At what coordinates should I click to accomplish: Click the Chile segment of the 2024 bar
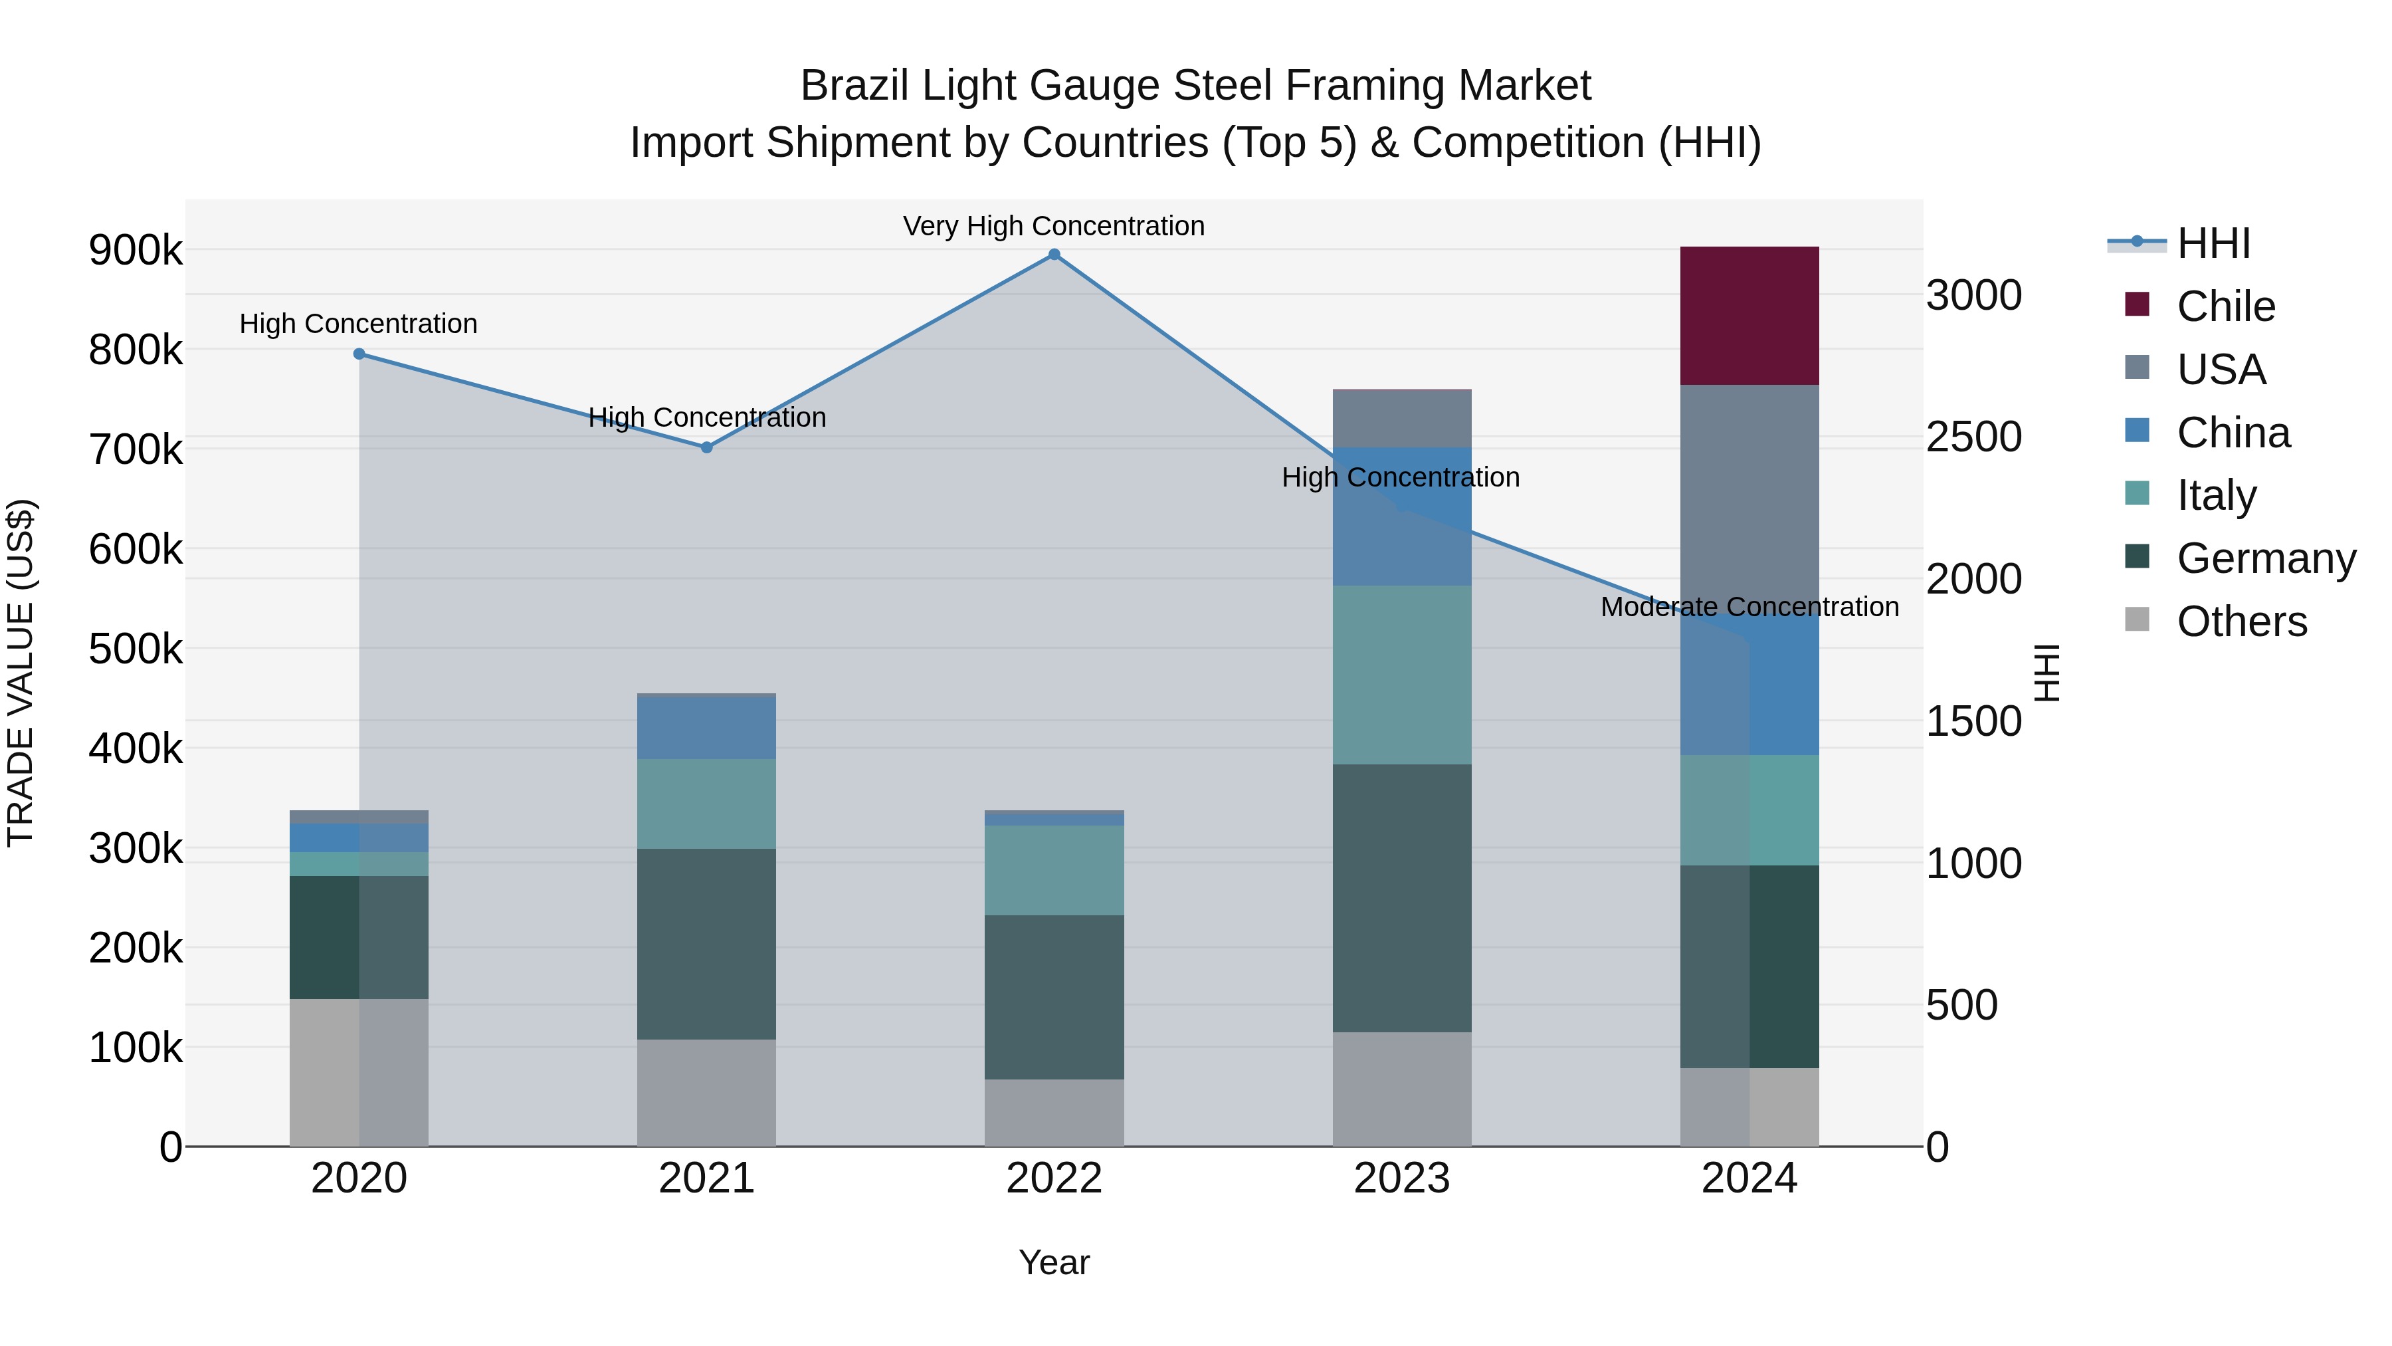1749,316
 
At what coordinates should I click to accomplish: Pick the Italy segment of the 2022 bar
1054,870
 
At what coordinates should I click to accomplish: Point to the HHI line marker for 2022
1054,255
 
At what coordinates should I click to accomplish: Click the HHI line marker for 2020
359,354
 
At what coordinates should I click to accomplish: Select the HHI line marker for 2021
707,448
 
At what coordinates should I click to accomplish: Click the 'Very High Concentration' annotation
1054,226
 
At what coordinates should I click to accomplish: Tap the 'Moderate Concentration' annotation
1749,607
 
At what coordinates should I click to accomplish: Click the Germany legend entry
2266,558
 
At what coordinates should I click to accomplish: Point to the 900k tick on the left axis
136,251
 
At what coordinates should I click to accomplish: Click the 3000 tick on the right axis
1974,295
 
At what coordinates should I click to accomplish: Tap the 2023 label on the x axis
1402,1178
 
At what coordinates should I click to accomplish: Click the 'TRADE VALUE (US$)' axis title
21,673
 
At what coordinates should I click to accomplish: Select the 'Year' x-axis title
1054,1262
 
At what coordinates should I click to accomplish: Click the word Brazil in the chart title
854,86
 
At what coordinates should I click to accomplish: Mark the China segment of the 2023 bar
1402,516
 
